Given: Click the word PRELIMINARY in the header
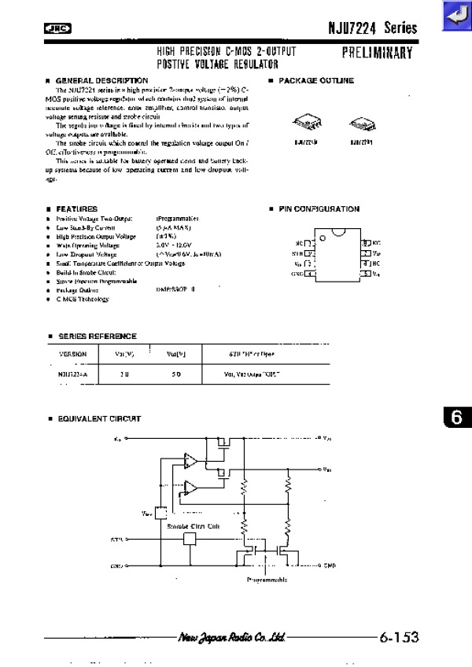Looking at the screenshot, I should click(378, 54).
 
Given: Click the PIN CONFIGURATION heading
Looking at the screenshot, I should click(319, 209).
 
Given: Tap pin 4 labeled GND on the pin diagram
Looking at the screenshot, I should click(310, 274).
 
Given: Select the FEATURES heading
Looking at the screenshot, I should click(76, 209).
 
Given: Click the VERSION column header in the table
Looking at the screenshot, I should click(73, 354).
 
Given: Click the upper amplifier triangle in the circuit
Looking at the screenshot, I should click(190, 460).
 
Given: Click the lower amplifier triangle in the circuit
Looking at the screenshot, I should click(190, 488).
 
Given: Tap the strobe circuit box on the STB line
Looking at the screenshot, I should click(189, 539).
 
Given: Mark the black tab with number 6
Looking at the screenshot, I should click(457, 418).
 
